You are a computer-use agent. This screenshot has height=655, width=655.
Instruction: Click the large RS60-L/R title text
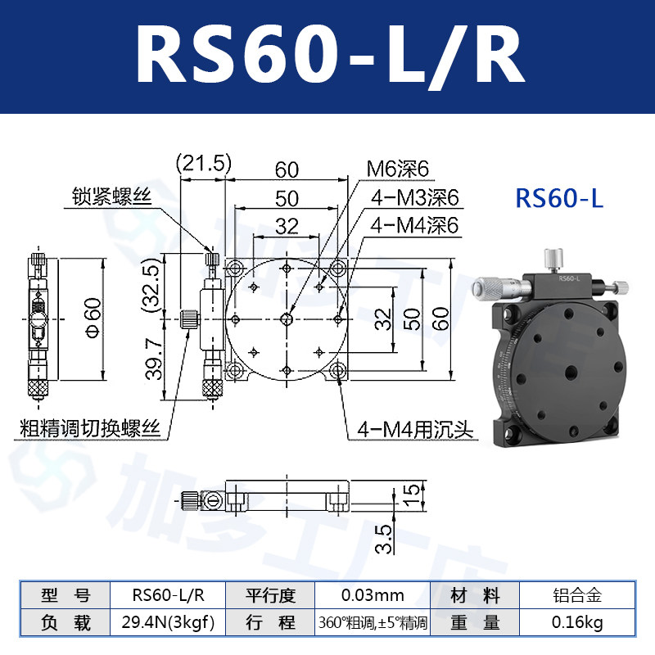[x=330, y=56]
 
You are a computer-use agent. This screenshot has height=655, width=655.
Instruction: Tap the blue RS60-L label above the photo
[x=559, y=197]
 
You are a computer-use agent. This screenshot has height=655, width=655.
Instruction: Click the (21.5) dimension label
[x=203, y=163]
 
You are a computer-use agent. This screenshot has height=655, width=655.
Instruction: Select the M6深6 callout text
[x=398, y=169]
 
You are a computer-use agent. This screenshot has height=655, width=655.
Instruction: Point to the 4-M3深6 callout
[x=415, y=197]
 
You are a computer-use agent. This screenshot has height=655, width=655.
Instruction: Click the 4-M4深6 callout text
[x=414, y=225]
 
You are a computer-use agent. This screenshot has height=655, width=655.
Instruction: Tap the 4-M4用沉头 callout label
[x=415, y=430]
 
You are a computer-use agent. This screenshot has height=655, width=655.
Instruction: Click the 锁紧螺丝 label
[x=112, y=196]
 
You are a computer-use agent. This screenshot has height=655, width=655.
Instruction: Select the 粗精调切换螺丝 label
[x=90, y=428]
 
